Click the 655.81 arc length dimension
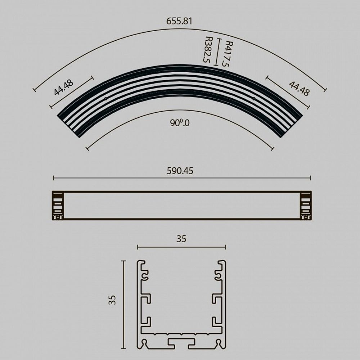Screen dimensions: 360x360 pyautogui.click(x=179, y=21)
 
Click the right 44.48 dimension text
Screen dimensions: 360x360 pyautogui.click(x=299, y=89)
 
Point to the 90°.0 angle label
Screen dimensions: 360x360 pyautogui.click(x=180, y=123)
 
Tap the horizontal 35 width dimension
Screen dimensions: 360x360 pyautogui.click(x=181, y=239)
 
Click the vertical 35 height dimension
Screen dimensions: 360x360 pyautogui.click(x=113, y=300)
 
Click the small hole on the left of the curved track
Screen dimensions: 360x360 pyautogui.click(x=105, y=98)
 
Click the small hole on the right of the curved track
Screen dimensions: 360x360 pyautogui.click(x=254, y=98)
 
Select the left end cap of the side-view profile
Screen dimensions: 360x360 pyautogui.click(x=58, y=205)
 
